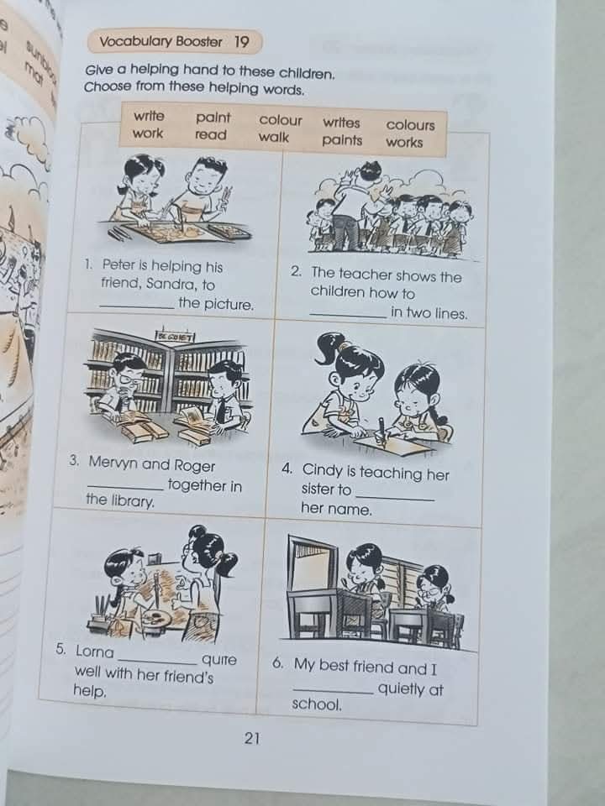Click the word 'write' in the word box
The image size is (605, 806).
pos(150,116)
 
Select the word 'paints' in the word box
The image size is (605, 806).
pos(342,140)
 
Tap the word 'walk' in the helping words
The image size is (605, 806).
pos(274,136)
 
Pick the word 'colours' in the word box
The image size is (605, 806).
pos(411,124)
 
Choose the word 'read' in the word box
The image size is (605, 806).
pos(211,134)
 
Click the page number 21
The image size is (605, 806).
pos(253,739)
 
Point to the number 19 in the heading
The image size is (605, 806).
pos(242,41)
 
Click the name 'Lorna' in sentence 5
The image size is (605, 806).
pos(94,651)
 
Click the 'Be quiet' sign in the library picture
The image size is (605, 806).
pos(174,337)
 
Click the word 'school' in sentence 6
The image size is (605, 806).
pos(315,704)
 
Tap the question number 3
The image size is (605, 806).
pos(75,461)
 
